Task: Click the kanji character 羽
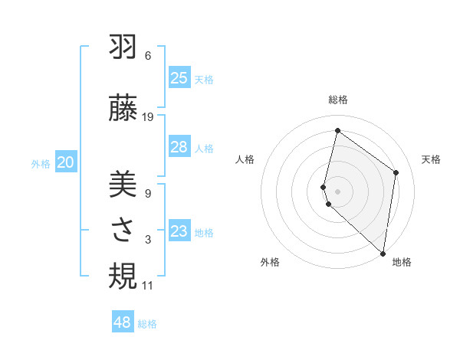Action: [123, 48]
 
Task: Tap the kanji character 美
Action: [123, 185]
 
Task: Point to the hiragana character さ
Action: [123, 231]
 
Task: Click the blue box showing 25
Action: [179, 78]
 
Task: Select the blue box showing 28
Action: [179, 147]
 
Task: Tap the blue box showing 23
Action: [179, 231]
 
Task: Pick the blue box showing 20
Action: [66, 162]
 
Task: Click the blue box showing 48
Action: [123, 322]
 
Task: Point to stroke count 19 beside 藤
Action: [148, 117]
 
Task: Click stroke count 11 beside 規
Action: [148, 286]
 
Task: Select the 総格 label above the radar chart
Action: [338, 100]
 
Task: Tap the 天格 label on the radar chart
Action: [431, 159]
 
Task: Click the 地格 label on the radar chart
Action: [402, 262]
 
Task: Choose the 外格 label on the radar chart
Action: [270, 262]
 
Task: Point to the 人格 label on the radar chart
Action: [245, 159]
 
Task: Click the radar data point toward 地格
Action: [383, 253]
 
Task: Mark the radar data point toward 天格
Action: [396, 172]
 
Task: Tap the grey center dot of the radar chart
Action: [338, 191]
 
